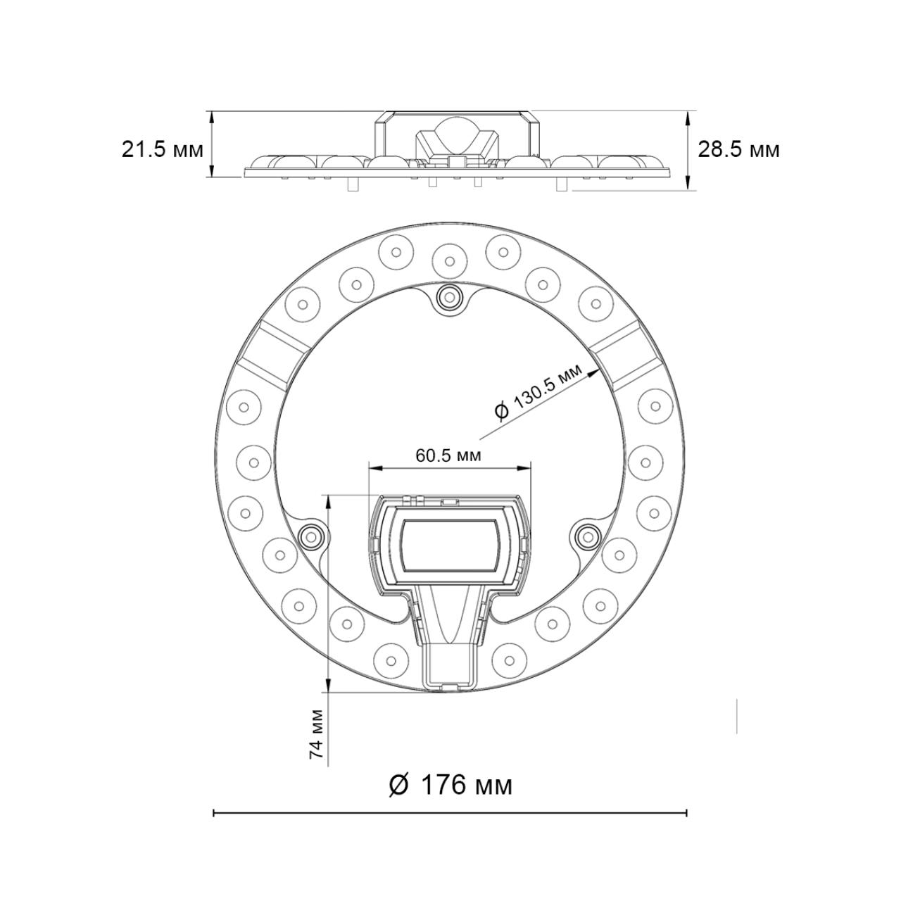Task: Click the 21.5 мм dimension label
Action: pyautogui.click(x=162, y=150)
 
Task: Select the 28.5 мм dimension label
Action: pyautogui.click(x=738, y=150)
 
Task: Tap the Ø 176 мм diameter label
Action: pyautogui.click(x=450, y=784)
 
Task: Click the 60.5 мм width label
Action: pyautogui.click(x=448, y=455)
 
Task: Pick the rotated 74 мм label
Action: pyautogui.click(x=317, y=733)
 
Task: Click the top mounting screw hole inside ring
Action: pyautogui.click(x=448, y=298)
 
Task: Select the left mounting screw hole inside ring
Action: pyautogui.click(x=309, y=537)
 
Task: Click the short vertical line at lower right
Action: pyautogui.click(x=737, y=717)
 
